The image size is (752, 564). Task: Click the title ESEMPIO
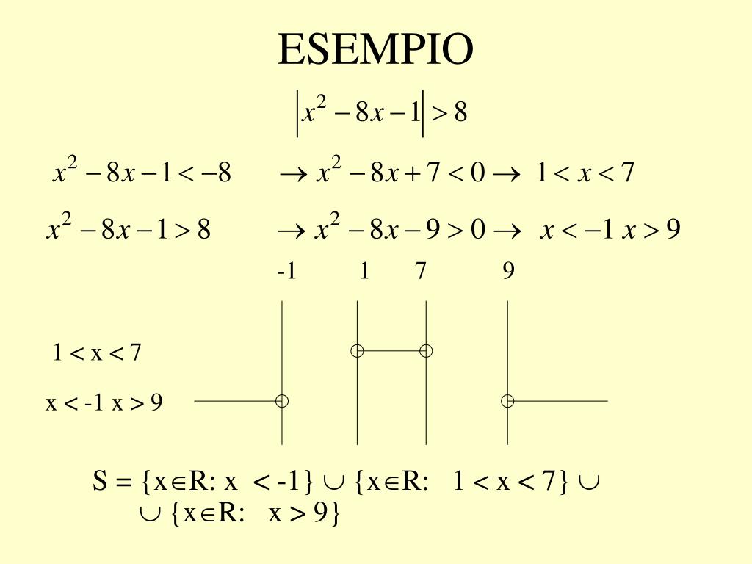coord(375,50)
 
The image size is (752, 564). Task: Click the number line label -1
coord(286,272)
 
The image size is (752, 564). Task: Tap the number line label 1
coord(364,272)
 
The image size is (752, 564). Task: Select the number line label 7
coord(420,272)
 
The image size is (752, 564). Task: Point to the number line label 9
coord(508,272)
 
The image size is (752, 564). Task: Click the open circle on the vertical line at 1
coord(357,351)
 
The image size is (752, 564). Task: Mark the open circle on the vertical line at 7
coord(426,351)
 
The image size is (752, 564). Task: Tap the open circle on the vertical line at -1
coord(282,401)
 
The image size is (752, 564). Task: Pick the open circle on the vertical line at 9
coord(507,401)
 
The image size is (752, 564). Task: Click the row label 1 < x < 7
coord(96,353)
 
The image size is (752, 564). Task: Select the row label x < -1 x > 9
coord(104,403)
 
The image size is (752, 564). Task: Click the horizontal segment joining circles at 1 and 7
coord(391,351)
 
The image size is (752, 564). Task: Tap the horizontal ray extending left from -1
coord(235,401)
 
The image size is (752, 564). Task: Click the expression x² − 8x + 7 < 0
coord(401,174)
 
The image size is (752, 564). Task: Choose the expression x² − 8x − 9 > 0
coord(401,230)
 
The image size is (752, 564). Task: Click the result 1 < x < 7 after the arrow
coord(585,174)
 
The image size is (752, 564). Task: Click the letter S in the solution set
coord(101,482)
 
